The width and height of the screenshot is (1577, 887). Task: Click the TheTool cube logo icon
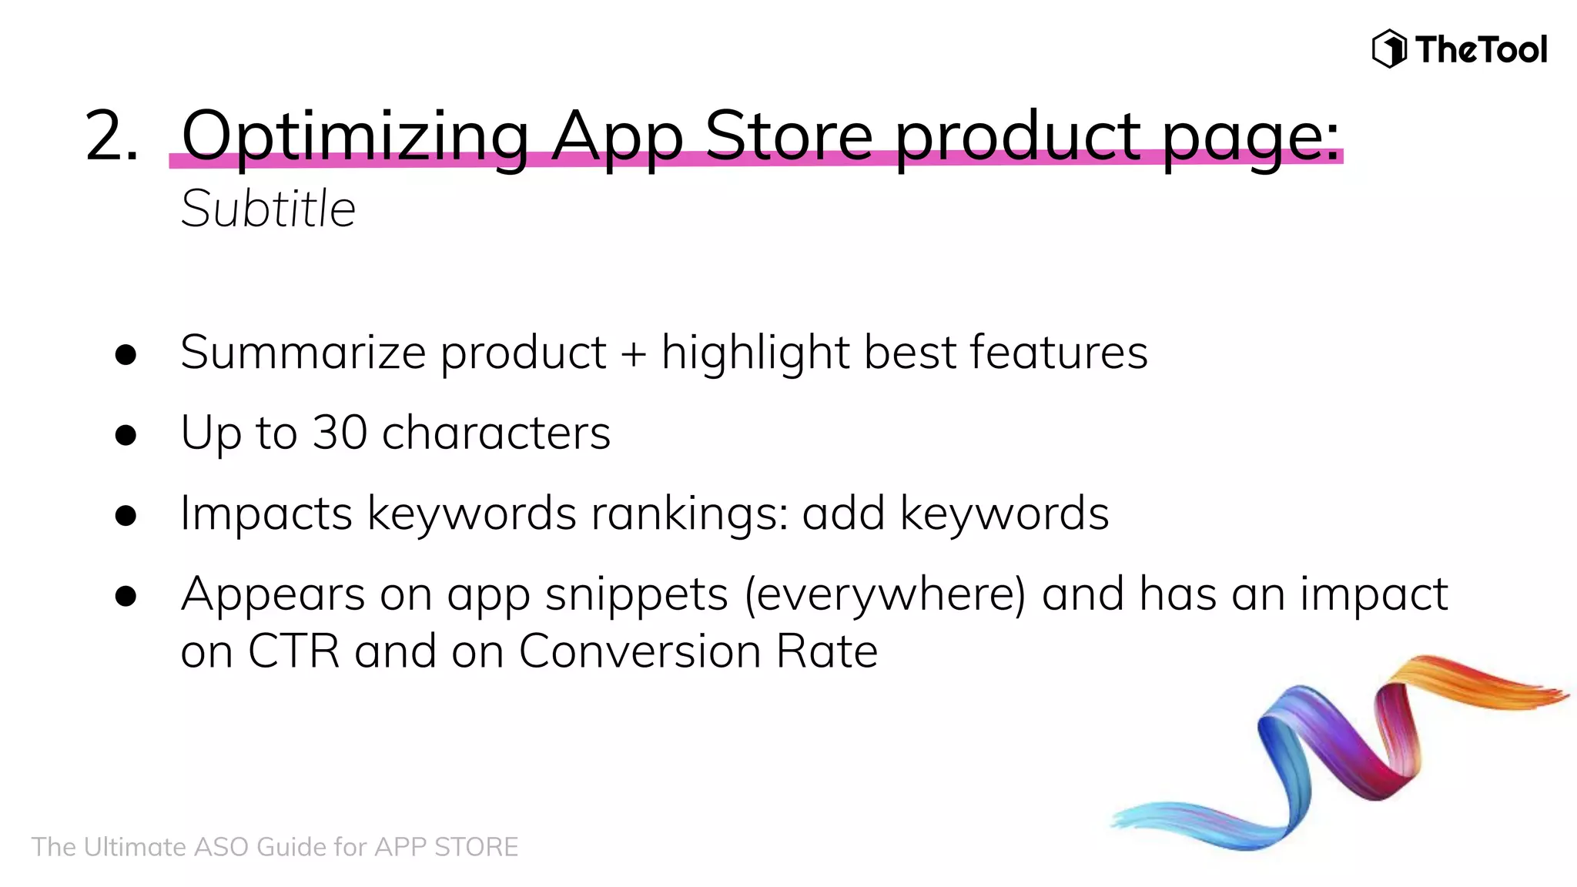(x=1389, y=49)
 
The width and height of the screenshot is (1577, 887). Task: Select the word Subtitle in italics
(x=268, y=209)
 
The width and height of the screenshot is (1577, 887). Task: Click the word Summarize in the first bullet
(x=303, y=353)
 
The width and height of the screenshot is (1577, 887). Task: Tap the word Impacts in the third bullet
(x=266, y=514)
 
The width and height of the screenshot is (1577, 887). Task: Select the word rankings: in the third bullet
(x=689, y=514)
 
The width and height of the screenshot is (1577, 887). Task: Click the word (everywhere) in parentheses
(x=885, y=595)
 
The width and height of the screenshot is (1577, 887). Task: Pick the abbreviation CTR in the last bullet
(x=293, y=651)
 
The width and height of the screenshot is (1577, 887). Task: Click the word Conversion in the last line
(x=639, y=651)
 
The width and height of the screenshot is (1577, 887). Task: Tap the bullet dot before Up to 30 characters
(x=126, y=435)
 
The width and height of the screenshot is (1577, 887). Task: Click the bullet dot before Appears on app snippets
(x=126, y=596)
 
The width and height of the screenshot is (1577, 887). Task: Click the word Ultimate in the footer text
(x=135, y=847)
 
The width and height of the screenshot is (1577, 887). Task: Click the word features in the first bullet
(x=1058, y=353)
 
